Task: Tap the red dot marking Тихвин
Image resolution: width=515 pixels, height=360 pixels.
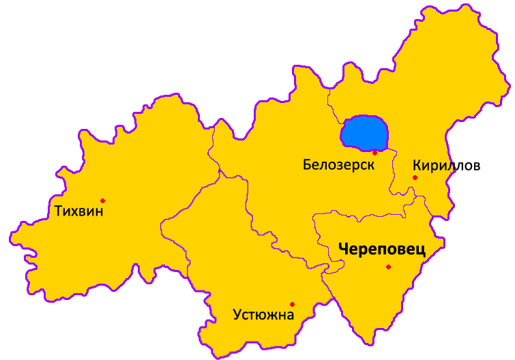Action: (x=102, y=200)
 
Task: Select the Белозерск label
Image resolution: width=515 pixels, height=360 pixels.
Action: (x=339, y=165)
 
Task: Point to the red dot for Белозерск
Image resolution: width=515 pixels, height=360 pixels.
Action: (x=374, y=153)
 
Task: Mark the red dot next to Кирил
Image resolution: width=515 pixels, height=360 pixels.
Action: (x=415, y=178)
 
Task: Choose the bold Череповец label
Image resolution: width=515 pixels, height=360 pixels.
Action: (x=381, y=250)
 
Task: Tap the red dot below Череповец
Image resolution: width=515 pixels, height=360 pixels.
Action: (x=388, y=267)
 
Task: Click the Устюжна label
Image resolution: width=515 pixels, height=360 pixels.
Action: (x=263, y=315)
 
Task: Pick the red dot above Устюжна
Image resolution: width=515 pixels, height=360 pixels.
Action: (x=292, y=304)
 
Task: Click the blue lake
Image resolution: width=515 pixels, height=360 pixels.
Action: (x=364, y=132)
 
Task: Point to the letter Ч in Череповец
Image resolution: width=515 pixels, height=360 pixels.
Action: (x=343, y=250)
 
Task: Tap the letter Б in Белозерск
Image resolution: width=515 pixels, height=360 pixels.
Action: (x=307, y=165)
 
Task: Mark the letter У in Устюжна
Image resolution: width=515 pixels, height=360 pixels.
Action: (x=237, y=316)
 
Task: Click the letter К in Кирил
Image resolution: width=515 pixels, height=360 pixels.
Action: (x=417, y=165)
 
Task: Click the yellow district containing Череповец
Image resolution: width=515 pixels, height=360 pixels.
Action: (x=382, y=293)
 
